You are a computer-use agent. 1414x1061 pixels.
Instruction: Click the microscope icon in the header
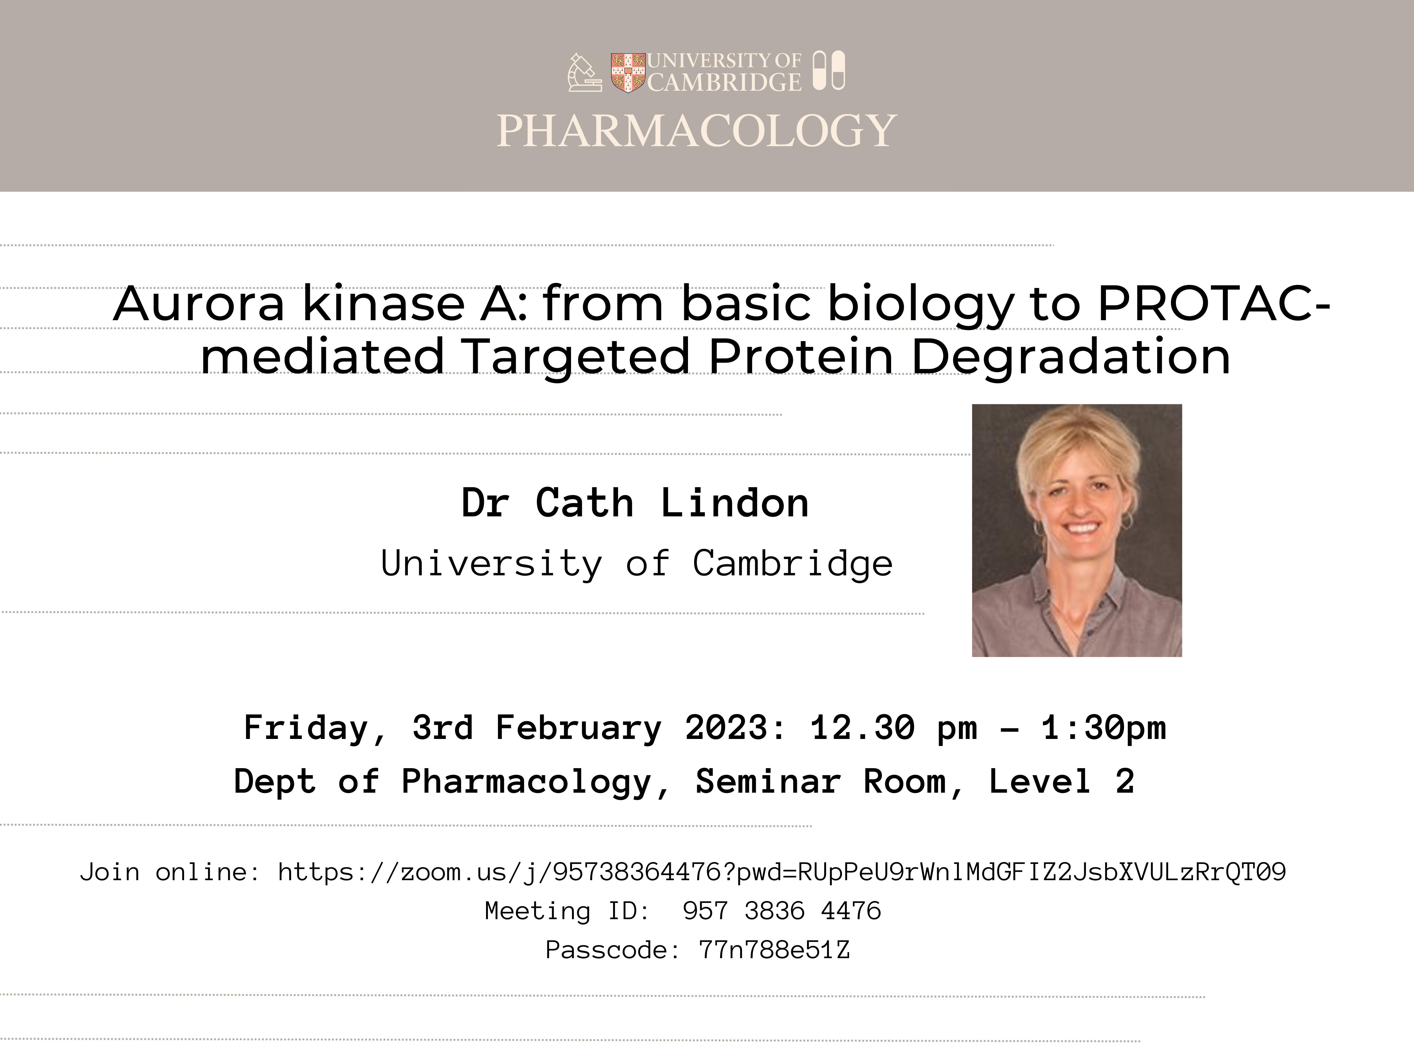point(584,72)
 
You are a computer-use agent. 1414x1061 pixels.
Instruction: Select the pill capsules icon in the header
point(829,70)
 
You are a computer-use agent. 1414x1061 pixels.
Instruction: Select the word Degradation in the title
point(1071,356)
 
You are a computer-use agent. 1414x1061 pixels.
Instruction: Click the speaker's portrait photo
point(1076,530)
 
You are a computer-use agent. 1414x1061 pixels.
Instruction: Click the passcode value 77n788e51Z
point(774,950)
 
